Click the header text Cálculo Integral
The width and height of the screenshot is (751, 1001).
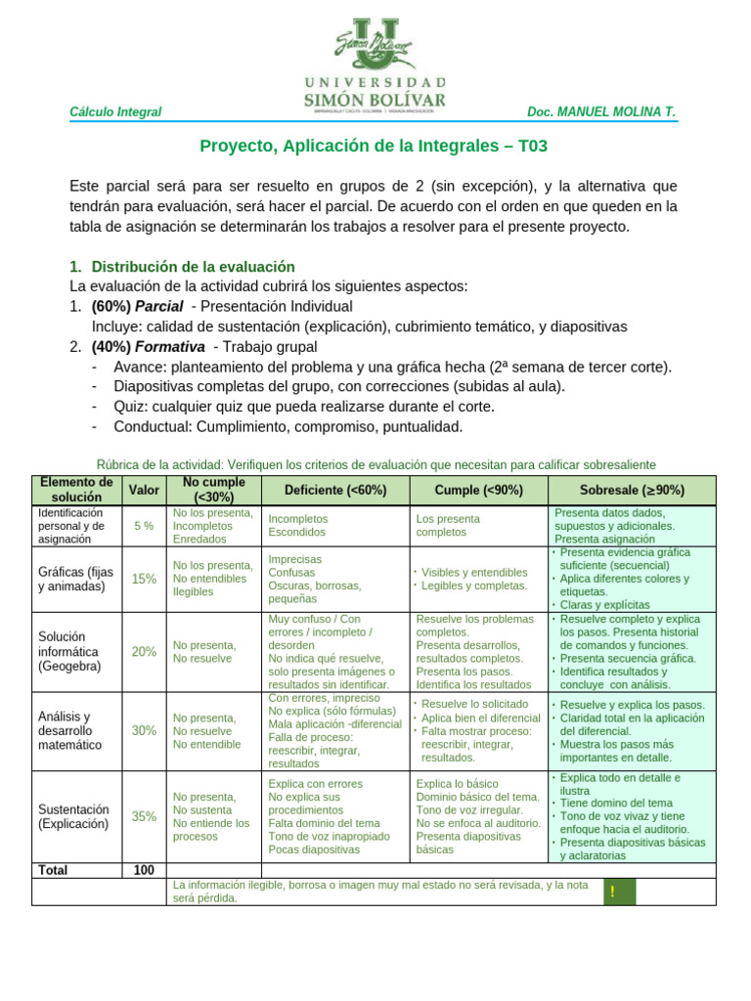pos(115,112)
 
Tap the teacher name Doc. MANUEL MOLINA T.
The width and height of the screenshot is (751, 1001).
pos(600,112)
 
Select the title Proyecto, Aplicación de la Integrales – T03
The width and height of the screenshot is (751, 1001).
pos(375,146)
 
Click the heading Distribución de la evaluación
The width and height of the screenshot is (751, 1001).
pos(193,267)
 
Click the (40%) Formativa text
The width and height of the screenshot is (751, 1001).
pos(148,347)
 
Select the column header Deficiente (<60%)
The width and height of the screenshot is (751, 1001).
pos(335,490)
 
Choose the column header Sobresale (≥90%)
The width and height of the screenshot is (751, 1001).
pos(632,490)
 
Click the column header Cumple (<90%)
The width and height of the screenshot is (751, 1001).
pos(478,490)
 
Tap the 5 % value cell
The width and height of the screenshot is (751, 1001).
pos(144,526)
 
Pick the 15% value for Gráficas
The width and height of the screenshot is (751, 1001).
pos(144,579)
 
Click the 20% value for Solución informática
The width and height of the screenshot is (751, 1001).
pos(144,651)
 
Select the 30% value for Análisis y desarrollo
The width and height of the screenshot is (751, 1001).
pos(144,730)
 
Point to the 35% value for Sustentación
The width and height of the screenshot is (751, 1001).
pos(144,816)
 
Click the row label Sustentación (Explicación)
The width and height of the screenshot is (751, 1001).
pos(74,816)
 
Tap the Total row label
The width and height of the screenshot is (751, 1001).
pos(52,869)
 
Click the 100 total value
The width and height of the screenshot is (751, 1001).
pos(144,869)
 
